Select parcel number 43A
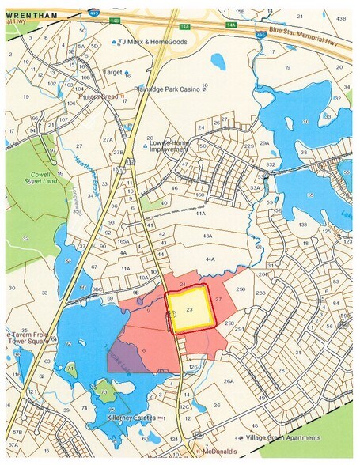pos(207,236)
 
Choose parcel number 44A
pos(209,259)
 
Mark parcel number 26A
pos(229,381)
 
